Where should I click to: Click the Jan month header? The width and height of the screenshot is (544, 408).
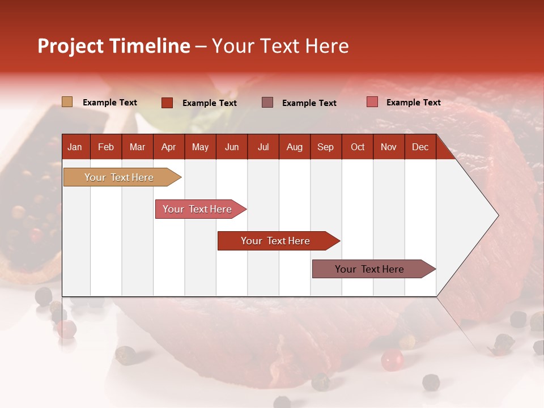click(x=75, y=147)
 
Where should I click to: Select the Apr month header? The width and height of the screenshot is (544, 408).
click(x=169, y=147)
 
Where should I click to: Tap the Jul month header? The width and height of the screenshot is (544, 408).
click(x=263, y=147)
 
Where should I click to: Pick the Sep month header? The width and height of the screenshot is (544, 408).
click(x=325, y=147)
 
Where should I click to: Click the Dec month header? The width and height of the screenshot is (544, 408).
click(x=420, y=147)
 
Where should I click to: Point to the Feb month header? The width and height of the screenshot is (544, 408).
click(x=106, y=147)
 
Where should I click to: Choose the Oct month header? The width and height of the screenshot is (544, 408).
click(x=358, y=147)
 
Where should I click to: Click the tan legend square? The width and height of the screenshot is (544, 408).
click(x=67, y=102)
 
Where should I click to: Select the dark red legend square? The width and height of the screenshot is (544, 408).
click(x=167, y=103)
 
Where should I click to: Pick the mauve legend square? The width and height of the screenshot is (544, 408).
click(x=267, y=102)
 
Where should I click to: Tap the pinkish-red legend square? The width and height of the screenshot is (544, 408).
click(x=372, y=102)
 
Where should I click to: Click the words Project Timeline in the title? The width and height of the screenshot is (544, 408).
click(x=113, y=46)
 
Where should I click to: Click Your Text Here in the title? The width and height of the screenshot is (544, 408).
click(x=280, y=46)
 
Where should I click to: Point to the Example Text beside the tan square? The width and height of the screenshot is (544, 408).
click(x=110, y=103)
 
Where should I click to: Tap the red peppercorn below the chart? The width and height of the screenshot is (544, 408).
click(x=392, y=359)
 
